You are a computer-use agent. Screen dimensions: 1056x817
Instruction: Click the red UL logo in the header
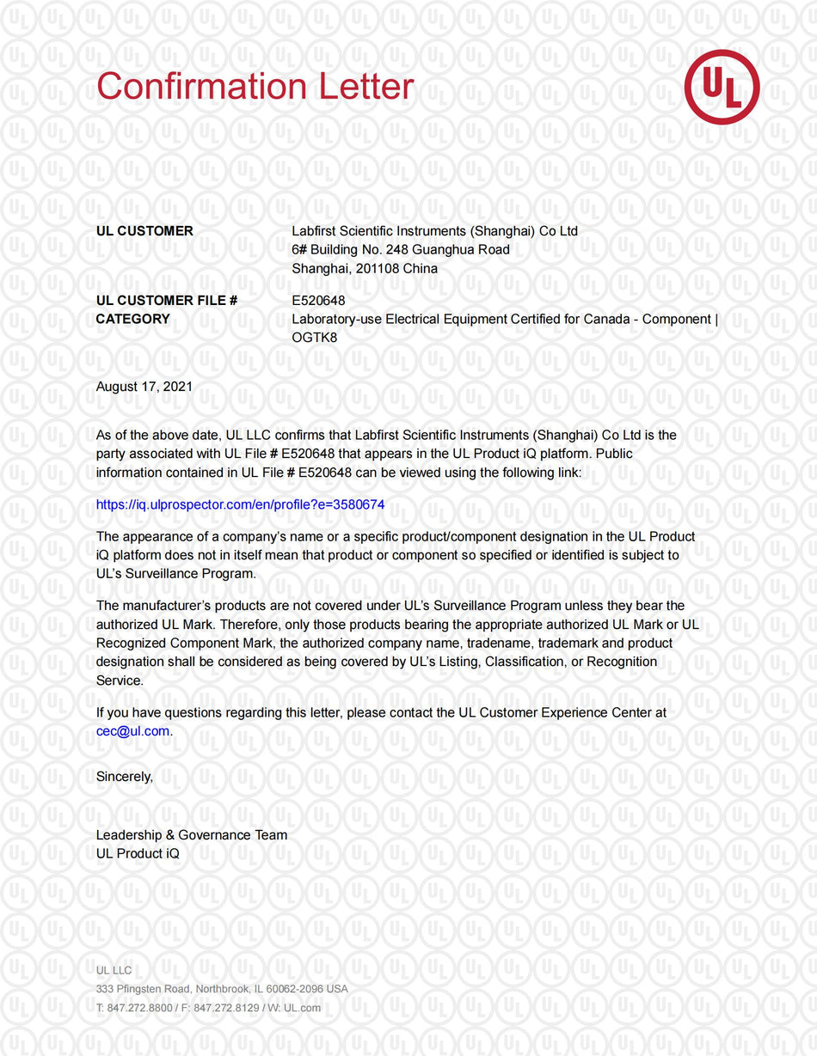(x=722, y=87)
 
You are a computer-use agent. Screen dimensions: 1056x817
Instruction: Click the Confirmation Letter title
(x=255, y=87)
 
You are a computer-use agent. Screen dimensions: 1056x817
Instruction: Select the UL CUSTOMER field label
(x=144, y=231)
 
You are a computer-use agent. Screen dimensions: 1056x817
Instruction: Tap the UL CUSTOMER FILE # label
(x=167, y=301)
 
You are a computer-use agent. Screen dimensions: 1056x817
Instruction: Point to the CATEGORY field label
(x=133, y=319)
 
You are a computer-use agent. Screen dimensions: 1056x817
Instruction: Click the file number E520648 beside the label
(x=318, y=301)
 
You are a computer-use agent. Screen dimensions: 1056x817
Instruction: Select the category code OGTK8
(x=315, y=338)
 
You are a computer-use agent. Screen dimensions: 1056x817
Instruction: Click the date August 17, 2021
(x=144, y=387)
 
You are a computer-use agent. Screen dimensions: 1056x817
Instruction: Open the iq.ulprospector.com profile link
(x=240, y=504)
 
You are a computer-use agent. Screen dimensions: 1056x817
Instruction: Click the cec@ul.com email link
(x=133, y=731)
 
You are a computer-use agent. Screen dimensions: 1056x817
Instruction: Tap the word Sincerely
(x=125, y=777)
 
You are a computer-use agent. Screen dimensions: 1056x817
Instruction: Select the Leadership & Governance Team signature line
(x=192, y=835)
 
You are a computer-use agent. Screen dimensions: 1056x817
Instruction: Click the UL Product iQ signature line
(x=138, y=854)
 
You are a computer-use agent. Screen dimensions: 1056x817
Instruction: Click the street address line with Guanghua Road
(x=401, y=250)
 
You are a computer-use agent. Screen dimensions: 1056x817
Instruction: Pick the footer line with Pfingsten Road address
(x=222, y=989)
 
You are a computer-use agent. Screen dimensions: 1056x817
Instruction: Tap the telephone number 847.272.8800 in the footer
(x=139, y=1008)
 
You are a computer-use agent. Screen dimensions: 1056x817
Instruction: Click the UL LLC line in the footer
(x=114, y=970)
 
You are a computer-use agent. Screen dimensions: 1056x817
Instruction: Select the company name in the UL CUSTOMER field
(x=434, y=231)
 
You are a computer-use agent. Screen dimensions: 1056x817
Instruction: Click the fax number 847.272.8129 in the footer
(x=226, y=1008)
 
